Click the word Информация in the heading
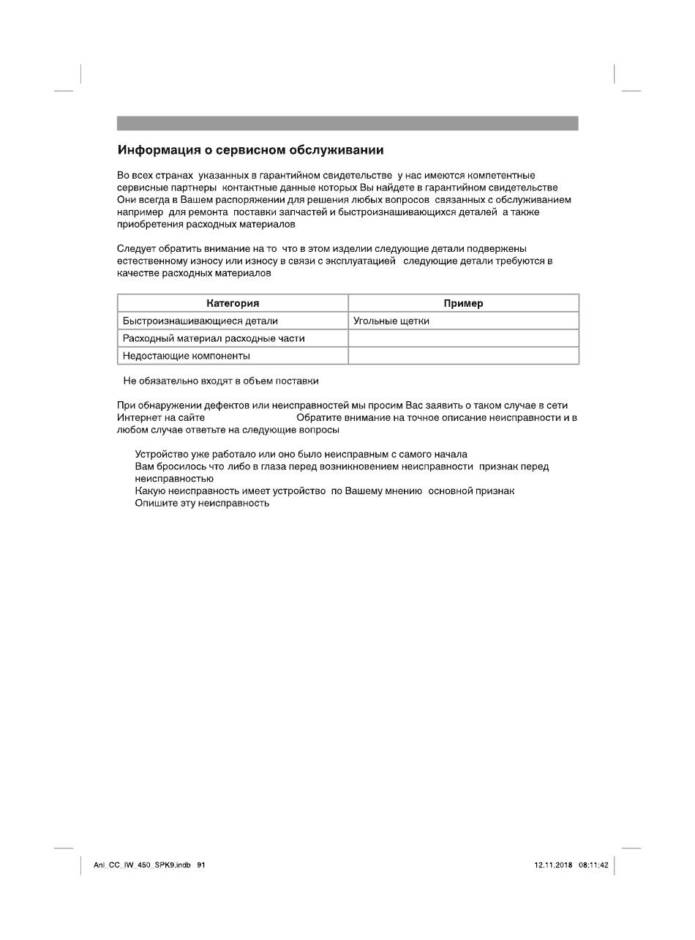[x=159, y=150]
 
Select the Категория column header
[x=233, y=303]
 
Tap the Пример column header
[x=463, y=303]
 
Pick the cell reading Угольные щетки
[x=391, y=321]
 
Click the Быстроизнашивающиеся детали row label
[x=200, y=321]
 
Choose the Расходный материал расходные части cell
[x=214, y=338]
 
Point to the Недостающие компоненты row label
[x=187, y=356]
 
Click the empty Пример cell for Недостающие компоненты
[x=463, y=356]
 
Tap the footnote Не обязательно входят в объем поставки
[x=221, y=381]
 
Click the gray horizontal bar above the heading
[x=347, y=123]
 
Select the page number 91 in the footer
[x=201, y=865]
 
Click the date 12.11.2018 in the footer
[x=553, y=865]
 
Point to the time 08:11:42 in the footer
[x=593, y=865]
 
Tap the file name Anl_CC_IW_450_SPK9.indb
[x=142, y=865]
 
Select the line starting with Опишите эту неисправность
[x=203, y=503]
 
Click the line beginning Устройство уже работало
[x=301, y=454]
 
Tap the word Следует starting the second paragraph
[x=136, y=248]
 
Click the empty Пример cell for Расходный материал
[x=463, y=338]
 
